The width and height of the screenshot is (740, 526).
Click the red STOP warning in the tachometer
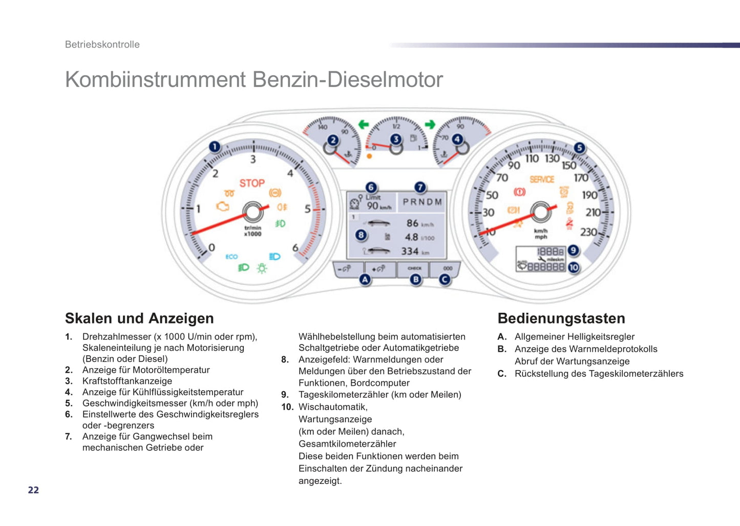coord(252,183)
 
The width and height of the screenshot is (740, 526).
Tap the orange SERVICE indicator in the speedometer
coord(542,179)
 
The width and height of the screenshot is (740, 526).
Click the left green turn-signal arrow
coord(363,125)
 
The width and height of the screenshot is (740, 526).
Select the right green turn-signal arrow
coord(430,125)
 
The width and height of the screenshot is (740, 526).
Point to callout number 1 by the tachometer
coord(215,147)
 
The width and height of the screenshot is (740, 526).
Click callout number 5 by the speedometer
coord(579,148)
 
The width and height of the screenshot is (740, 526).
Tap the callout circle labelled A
coord(365,279)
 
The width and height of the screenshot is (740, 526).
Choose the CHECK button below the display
coord(414,268)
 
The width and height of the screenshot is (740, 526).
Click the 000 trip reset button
coord(447,268)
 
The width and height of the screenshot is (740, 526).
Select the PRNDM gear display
coord(422,202)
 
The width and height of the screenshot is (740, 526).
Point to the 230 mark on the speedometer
coord(588,232)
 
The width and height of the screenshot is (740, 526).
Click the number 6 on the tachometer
coord(295,248)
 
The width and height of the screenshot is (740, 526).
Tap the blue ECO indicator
coord(231,256)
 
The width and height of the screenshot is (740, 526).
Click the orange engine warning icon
coord(223,207)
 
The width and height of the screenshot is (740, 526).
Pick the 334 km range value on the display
coord(410,251)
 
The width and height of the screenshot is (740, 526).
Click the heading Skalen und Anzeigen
coord(139,318)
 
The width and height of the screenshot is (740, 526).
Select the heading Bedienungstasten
coord(561,318)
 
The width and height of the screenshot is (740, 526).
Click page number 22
coord(33,490)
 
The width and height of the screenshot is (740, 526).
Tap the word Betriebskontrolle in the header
coord(102,45)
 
